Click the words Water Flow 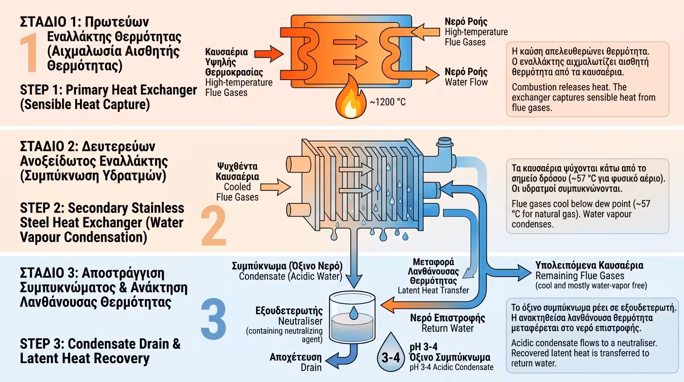click(466, 82)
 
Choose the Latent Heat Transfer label click(433, 290)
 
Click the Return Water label click(447, 328)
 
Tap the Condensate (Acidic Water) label click(290, 276)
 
